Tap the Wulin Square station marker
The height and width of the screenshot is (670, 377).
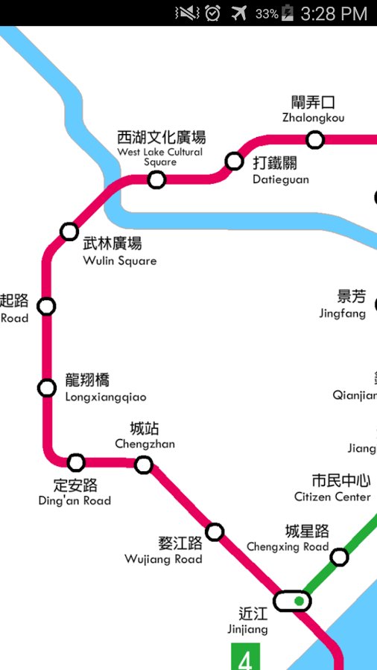point(69,232)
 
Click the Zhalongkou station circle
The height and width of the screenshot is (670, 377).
point(315,139)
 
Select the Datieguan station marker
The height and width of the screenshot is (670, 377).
point(235,161)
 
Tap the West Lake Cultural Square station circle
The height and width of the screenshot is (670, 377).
point(156,179)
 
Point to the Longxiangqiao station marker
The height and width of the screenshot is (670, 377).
point(47,388)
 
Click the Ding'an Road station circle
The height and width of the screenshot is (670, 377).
point(76,463)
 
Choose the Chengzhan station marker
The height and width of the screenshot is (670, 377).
point(144,465)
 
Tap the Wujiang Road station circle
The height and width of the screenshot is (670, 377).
point(215,532)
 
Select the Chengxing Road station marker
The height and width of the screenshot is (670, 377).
point(339,557)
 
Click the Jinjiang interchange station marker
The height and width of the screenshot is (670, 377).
point(292,601)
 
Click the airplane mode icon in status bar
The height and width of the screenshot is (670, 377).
point(239,13)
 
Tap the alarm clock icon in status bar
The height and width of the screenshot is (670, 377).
point(213,13)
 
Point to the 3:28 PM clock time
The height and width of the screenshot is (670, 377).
point(334,13)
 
